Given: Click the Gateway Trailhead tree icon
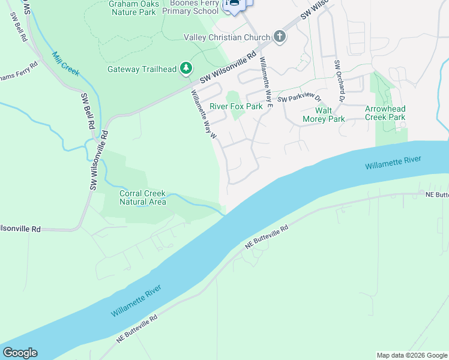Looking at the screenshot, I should click(187, 69).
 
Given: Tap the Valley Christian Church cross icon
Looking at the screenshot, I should click(279, 37).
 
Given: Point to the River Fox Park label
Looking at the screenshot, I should click(236, 106).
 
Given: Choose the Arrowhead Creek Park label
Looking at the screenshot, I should click(385, 113).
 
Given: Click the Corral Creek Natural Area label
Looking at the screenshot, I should click(143, 197).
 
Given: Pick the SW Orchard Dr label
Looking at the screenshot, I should click(340, 80).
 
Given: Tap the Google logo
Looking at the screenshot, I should click(20, 353).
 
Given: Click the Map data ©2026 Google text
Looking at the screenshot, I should click(411, 355).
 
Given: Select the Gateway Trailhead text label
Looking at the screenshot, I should click(142, 69).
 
